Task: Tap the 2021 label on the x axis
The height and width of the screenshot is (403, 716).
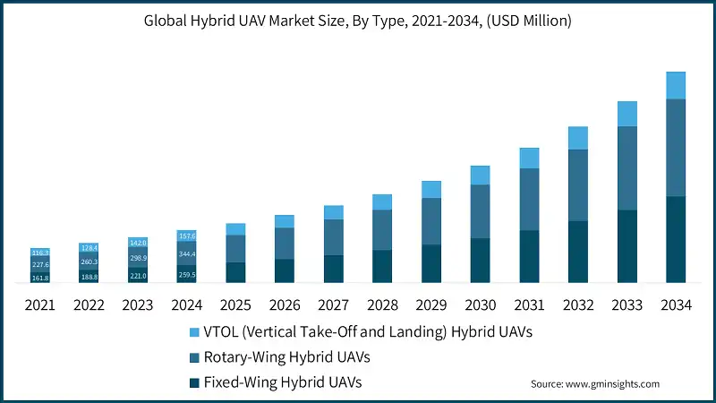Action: (39, 305)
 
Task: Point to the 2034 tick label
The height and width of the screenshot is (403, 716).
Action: (676, 305)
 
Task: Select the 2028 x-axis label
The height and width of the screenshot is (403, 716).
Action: (382, 305)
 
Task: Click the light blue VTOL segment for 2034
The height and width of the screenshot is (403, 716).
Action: (676, 85)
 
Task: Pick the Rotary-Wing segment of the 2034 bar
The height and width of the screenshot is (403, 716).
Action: (676, 148)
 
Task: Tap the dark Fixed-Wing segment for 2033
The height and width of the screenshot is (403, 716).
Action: (627, 246)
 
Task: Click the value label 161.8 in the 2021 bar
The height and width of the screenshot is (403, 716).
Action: (39, 279)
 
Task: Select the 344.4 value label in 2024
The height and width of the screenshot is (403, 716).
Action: (186, 254)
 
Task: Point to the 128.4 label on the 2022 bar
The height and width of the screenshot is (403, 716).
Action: (89, 247)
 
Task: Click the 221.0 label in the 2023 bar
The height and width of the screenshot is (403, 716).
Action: (138, 277)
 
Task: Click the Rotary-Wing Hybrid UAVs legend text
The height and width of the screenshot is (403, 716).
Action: (286, 357)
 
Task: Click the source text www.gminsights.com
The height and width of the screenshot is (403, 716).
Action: (594, 383)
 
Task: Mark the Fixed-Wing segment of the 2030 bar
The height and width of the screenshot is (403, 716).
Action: (481, 261)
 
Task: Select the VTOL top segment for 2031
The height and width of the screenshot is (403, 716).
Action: (529, 159)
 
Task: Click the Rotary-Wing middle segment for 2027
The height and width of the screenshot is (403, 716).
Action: (334, 237)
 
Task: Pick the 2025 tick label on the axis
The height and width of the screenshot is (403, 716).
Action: (235, 305)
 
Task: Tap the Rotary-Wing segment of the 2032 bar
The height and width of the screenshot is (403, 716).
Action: (578, 185)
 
